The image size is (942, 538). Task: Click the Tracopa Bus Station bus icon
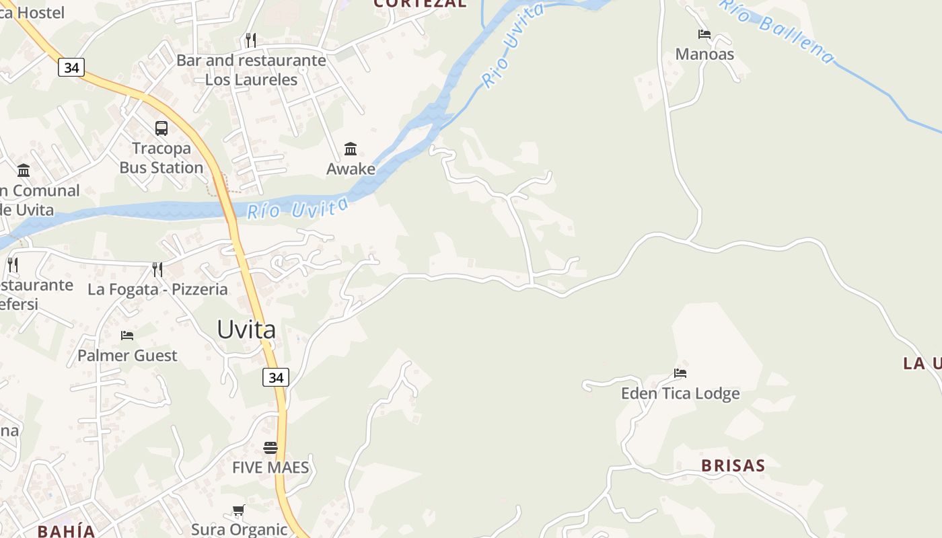(161, 128)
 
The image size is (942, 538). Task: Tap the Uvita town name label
(246, 330)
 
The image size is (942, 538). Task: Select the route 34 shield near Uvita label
(276, 378)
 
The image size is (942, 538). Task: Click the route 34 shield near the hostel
(71, 67)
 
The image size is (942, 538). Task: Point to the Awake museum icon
(351, 149)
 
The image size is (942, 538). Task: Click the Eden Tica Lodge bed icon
(680, 373)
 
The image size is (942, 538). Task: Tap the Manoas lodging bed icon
(704, 34)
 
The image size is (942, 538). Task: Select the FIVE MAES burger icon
(270, 448)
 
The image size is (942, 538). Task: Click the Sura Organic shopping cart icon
(238, 510)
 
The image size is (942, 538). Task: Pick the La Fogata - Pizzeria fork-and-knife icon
(157, 270)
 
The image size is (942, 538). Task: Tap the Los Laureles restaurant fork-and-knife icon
(251, 40)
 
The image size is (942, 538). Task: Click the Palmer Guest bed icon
(127, 335)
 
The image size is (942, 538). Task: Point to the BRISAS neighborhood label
(733, 465)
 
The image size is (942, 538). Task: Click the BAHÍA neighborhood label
(67, 531)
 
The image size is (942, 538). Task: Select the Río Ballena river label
(777, 30)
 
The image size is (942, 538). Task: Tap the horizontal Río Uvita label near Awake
(298, 208)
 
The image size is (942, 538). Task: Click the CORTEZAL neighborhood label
(420, 3)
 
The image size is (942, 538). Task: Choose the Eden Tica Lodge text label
(680, 393)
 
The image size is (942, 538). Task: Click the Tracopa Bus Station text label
(161, 158)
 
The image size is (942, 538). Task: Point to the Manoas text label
(704, 54)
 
